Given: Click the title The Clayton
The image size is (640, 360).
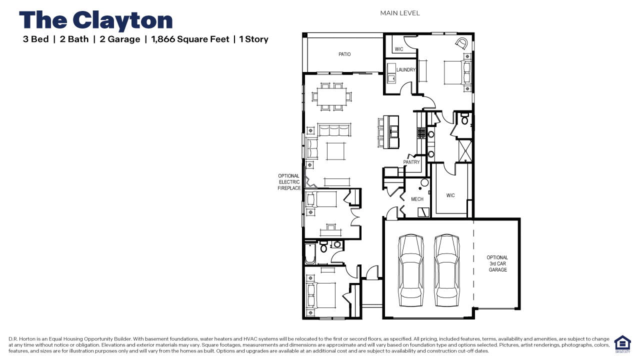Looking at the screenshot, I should pos(95,20).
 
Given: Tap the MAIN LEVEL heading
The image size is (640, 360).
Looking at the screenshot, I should pos(400,13).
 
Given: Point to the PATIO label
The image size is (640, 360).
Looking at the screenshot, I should pos(344,54).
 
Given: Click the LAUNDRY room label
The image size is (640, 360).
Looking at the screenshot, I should pos(406,70).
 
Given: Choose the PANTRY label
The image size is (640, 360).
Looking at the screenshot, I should pos(411,162).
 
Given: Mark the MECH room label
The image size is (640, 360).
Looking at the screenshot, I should pos(417,199).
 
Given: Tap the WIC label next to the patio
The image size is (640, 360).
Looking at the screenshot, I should pos(399,49).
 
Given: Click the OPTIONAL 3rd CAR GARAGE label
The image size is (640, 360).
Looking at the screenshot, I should pos(497,263).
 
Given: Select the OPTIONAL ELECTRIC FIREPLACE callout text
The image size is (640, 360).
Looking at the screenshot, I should pos(289,182).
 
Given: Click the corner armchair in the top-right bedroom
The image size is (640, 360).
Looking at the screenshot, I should pos(462,42).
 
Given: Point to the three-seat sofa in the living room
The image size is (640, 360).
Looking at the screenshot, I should pos(333,130).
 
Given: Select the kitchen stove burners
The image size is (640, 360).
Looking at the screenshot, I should pos(421,133).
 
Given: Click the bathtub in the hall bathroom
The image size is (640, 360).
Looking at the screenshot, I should pos(308,253).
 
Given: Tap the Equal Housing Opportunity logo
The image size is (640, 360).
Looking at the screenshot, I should pos(622,343).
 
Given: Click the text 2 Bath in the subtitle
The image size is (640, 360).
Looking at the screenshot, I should pos(74,39).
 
